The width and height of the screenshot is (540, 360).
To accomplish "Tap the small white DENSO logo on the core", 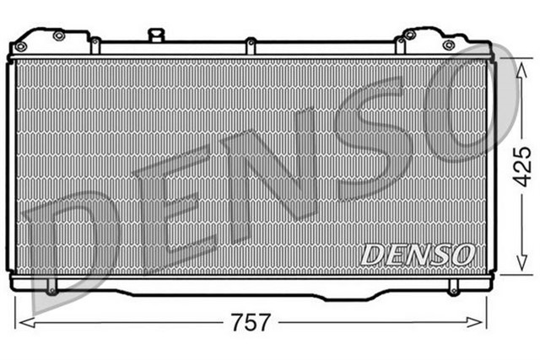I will click(x=418, y=254).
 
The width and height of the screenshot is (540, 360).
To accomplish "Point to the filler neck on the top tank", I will click(x=155, y=34).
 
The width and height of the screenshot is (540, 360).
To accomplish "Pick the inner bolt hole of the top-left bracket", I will click(x=58, y=35).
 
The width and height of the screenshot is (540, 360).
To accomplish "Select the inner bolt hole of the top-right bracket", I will click(x=410, y=35).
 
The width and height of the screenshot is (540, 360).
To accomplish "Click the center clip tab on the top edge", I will click(x=250, y=41).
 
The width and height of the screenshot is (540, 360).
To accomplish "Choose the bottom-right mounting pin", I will click(x=456, y=288).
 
